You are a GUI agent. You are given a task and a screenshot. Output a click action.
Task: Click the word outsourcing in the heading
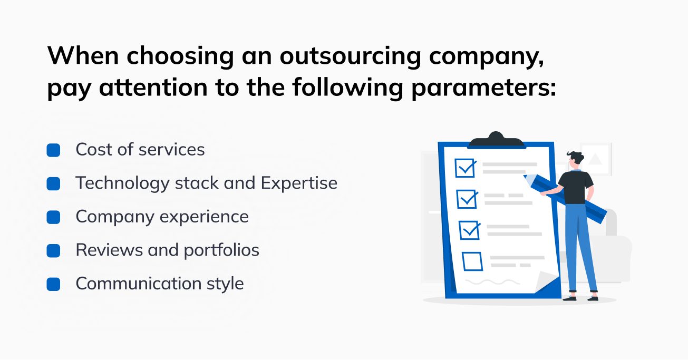(x=350, y=57)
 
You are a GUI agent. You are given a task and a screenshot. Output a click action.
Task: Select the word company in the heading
(x=486, y=57)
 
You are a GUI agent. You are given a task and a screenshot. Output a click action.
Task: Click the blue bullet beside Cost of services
(x=53, y=151)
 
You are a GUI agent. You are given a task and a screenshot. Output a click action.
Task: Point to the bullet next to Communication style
(x=53, y=284)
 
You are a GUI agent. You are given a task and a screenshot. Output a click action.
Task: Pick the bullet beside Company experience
(x=53, y=217)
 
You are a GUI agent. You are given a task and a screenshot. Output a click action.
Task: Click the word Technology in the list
(x=122, y=183)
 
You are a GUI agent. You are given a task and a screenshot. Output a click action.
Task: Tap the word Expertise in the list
(x=299, y=183)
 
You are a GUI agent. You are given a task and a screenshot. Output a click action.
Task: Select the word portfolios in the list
(x=221, y=250)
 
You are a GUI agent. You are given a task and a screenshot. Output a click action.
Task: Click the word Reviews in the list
(x=109, y=250)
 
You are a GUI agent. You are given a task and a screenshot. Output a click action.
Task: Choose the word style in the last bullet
(x=225, y=284)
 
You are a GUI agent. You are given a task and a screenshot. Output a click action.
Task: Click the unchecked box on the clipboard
(x=472, y=261)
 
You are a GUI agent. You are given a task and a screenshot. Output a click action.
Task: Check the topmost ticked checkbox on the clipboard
(x=465, y=168)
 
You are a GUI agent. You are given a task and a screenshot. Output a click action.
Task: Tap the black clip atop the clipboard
(x=496, y=141)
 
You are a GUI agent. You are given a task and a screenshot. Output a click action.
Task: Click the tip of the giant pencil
(x=525, y=177)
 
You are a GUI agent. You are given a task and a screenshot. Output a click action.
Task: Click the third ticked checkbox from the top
(x=469, y=230)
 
